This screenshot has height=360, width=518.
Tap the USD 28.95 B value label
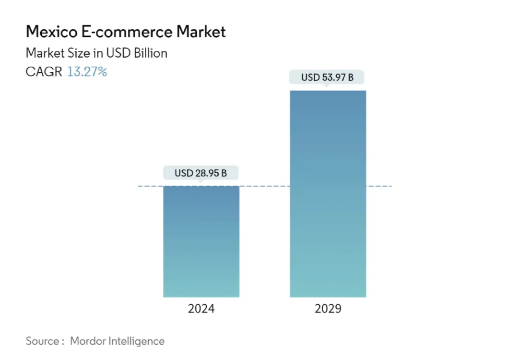(200, 173)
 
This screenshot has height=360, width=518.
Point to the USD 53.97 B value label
(327, 77)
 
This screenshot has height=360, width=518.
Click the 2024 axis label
(201, 308)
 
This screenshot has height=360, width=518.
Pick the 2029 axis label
(328, 308)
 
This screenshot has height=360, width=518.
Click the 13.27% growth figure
(87, 72)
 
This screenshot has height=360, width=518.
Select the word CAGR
(44, 72)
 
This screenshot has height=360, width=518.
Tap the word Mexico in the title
(50, 32)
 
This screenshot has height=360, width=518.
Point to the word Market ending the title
(201, 32)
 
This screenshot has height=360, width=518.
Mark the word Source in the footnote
(42, 341)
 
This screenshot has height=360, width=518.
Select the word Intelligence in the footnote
(137, 341)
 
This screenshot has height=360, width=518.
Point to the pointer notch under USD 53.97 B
(327, 86)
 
